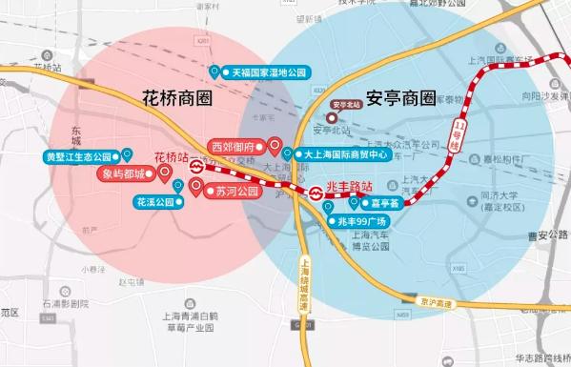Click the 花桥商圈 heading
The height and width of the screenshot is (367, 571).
coord(176,98)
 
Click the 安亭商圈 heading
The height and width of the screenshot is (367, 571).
coord(401,98)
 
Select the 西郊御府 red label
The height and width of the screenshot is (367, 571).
coord(233,148)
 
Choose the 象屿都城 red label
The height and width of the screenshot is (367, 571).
coord(124,174)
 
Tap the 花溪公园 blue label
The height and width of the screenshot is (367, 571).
coord(153,202)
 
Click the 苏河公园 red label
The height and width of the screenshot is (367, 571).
coord(236,191)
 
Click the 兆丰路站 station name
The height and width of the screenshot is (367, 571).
coord(349,187)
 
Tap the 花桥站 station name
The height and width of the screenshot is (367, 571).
coord(172,156)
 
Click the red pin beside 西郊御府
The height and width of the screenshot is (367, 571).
coord(275,146)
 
